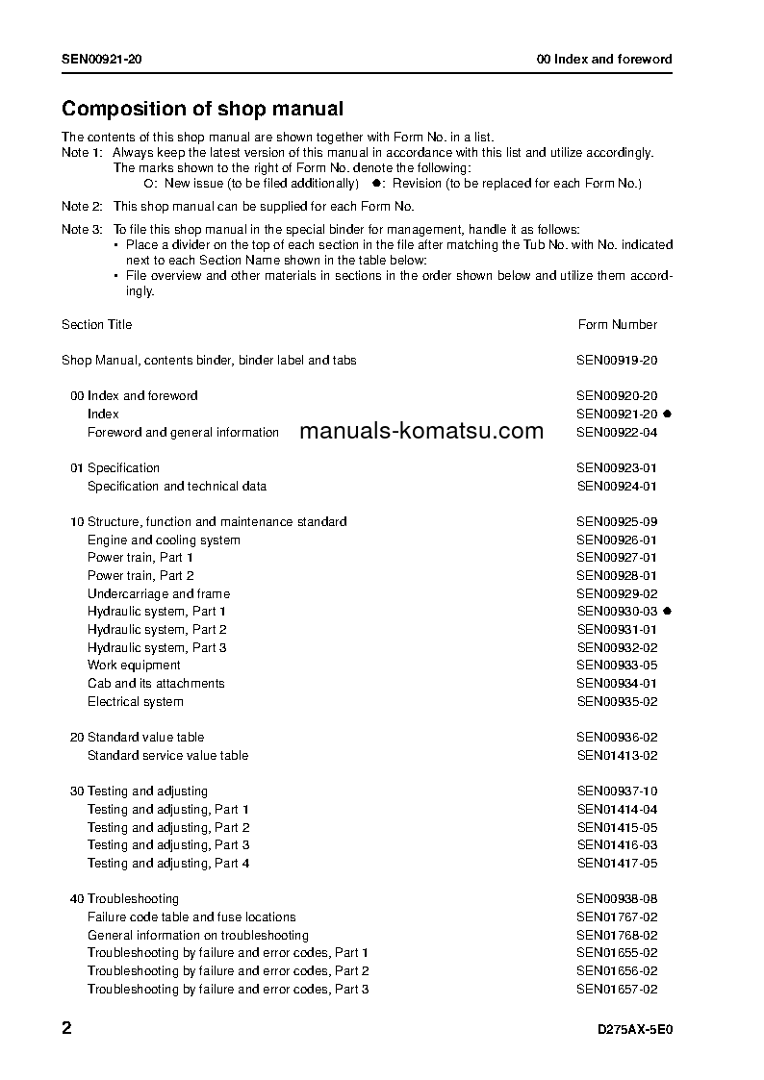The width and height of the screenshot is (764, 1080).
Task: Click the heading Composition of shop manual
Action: (x=202, y=110)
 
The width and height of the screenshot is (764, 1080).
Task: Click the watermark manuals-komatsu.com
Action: (x=421, y=432)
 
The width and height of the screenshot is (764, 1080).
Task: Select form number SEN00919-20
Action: (x=617, y=361)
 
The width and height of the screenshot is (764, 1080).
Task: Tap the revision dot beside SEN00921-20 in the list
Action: (x=667, y=414)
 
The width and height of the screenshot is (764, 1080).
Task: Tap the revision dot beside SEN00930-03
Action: (x=667, y=611)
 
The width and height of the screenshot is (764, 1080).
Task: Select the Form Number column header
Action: (x=617, y=325)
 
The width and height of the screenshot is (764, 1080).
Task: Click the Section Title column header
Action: (x=97, y=325)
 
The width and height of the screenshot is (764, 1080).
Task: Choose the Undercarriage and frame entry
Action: (x=159, y=593)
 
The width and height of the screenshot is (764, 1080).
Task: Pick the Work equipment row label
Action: (x=134, y=666)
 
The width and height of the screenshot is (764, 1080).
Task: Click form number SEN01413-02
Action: (x=617, y=756)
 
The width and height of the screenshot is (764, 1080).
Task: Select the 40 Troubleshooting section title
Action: (x=124, y=899)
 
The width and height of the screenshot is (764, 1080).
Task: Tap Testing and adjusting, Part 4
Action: (x=168, y=864)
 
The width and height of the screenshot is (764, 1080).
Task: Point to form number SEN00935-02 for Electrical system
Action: (x=617, y=702)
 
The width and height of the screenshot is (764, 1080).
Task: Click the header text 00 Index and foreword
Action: (x=604, y=60)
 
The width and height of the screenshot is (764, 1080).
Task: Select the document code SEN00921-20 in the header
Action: (x=103, y=60)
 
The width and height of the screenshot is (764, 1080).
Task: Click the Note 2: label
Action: (x=82, y=207)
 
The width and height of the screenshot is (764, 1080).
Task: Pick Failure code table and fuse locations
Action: (x=191, y=917)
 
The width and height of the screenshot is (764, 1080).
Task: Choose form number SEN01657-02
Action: (x=617, y=990)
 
